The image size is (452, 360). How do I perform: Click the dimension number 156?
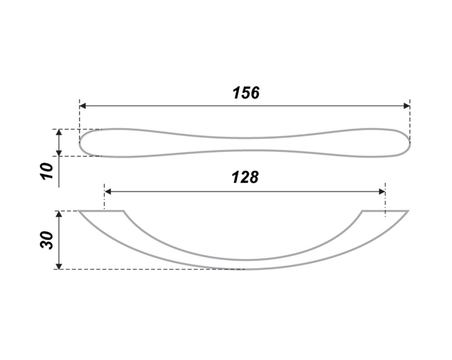(246, 92)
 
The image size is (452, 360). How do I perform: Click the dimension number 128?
(245, 177)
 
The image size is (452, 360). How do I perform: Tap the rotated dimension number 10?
(47, 171)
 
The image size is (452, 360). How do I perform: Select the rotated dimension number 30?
(47, 240)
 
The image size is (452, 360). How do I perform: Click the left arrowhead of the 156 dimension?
(83, 106)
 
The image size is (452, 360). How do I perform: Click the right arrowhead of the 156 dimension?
(407, 106)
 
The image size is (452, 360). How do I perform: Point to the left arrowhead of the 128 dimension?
(108, 192)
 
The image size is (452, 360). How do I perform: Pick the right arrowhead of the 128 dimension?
(382, 192)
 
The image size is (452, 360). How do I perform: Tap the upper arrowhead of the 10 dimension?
(59, 133)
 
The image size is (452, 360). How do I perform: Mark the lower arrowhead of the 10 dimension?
(59, 153)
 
